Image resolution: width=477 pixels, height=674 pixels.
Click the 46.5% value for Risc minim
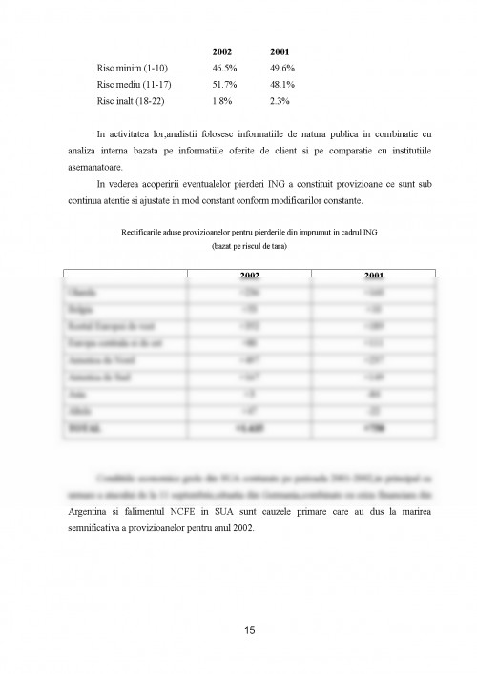point(223,71)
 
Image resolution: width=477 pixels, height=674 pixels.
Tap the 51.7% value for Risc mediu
point(223,85)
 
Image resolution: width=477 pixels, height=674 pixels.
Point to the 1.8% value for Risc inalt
point(220,99)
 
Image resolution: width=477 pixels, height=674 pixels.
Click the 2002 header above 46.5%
point(221,51)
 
